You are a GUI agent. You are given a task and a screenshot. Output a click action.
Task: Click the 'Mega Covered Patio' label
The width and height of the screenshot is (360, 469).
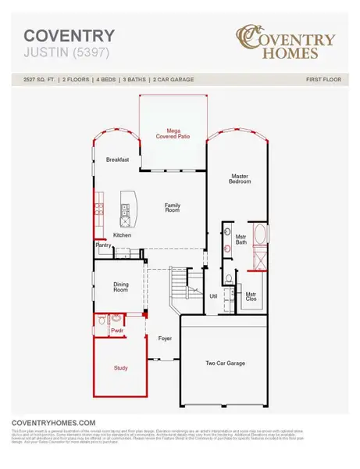click(x=173, y=134)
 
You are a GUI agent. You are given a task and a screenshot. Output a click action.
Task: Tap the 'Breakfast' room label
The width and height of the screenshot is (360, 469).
click(x=117, y=159)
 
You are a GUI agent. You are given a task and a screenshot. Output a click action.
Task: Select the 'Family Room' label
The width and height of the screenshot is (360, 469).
click(x=173, y=207)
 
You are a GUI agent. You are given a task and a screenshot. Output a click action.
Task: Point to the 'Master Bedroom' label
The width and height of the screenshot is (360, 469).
click(x=240, y=180)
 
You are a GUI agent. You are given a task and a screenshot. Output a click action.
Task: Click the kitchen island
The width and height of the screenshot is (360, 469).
click(x=125, y=208)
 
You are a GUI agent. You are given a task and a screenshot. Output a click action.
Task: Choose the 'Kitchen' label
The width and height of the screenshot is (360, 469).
click(x=123, y=234)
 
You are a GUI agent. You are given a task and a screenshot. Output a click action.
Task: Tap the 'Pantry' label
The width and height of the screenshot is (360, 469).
click(x=103, y=245)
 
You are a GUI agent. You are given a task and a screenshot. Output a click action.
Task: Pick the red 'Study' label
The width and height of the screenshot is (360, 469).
click(x=120, y=367)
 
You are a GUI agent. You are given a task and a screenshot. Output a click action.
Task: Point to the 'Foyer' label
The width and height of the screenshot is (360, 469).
click(x=165, y=338)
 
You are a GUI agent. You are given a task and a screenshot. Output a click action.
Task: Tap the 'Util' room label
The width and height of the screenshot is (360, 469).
click(x=212, y=296)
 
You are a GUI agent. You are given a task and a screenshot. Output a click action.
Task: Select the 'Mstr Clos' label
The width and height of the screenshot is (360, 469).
click(x=251, y=296)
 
